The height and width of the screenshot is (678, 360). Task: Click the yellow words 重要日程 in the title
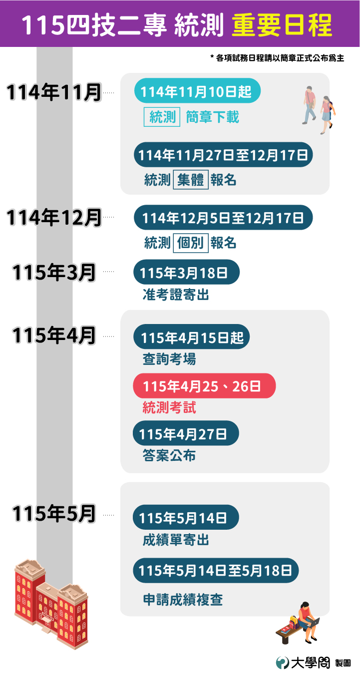[282, 24]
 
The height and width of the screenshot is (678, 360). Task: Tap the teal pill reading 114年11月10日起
[197, 91]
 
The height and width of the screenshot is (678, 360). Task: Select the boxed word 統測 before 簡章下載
[162, 117]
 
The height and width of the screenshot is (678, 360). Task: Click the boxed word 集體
[190, 180]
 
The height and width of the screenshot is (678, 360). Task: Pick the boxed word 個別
[190, 243]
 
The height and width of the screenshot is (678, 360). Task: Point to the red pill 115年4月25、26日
[204, 386]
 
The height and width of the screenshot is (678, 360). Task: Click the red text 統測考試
[169, 408]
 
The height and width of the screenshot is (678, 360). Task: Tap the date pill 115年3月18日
[186, 273]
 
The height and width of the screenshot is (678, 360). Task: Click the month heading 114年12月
[54, 218]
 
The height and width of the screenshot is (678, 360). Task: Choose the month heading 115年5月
[54, 514]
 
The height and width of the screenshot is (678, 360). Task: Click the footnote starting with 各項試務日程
[278, 58]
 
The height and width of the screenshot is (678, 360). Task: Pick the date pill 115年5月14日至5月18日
[216, 571]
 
